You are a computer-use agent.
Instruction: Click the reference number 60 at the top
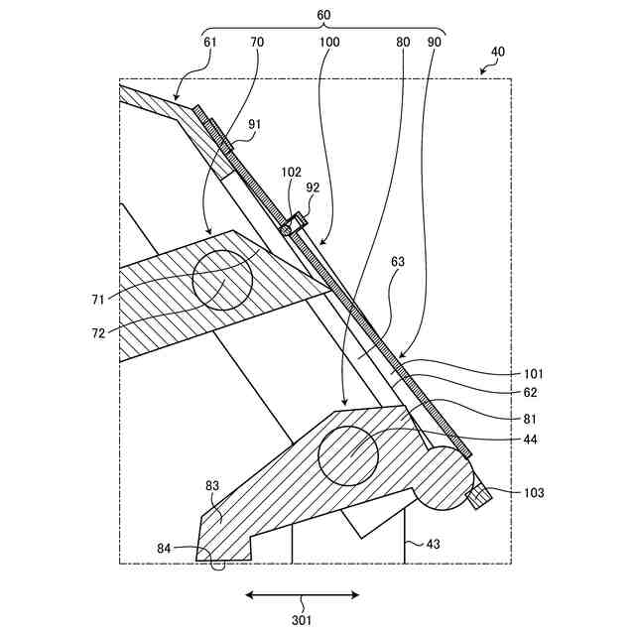click(323, 16)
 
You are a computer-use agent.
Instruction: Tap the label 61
click(210, 42)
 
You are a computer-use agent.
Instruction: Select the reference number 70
click(258, 42)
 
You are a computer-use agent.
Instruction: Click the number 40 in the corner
click(497, 52)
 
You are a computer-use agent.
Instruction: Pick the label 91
click(255, 124)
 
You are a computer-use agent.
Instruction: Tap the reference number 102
click(291, 171)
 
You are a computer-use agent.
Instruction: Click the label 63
click(398, 262)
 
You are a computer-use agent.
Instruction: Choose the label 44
click(531, 440)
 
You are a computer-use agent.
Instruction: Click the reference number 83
click(212, 486)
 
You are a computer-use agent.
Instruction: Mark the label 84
click(165, 547)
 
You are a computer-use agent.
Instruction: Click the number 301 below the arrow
click(302, 620)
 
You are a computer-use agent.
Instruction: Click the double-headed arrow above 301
click(303, 595)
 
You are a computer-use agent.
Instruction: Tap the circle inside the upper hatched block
click(222, 280)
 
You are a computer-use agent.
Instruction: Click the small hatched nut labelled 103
click(480, 495)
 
